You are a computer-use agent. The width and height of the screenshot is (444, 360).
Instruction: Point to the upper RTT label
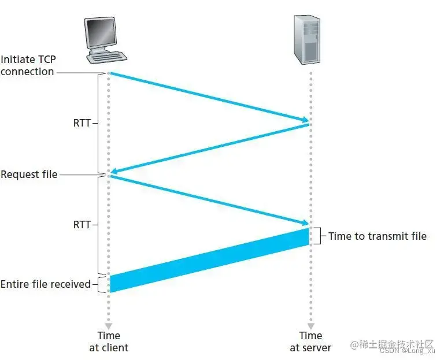(x=82, y=123)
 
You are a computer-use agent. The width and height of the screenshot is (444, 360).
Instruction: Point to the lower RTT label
(x=82, y=224)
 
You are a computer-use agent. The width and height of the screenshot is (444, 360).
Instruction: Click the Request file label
(x=29, y=174)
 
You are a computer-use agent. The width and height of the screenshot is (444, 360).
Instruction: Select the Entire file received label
(x=46, y=284)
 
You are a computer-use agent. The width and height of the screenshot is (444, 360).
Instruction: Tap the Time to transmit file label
(x=377, y=236)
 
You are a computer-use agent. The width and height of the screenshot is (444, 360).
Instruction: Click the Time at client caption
(x=109, y=342)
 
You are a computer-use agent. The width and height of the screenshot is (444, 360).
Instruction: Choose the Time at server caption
(x=310, y=342)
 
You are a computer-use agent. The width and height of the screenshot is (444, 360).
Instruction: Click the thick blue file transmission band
(x=210, y=259)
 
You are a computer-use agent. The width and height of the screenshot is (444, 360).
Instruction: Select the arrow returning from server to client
(x=209, y=148)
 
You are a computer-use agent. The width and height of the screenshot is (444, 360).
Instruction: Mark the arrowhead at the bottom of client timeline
(x=109, y=325)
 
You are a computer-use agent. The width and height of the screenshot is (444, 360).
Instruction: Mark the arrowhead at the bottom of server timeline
(x=310, y=325)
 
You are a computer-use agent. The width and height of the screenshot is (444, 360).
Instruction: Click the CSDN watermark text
(x=399, y=350)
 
